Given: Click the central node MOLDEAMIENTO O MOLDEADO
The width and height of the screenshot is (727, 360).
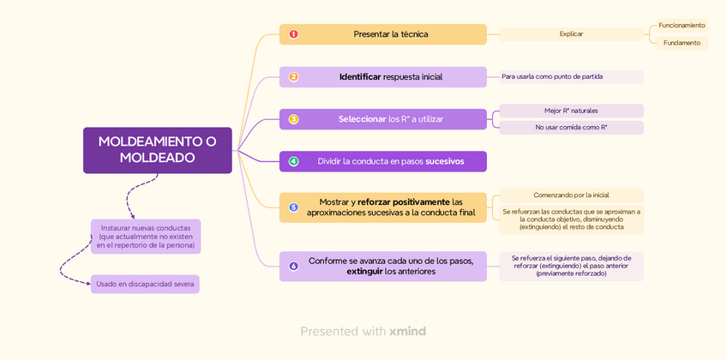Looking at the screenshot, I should click(157, 150).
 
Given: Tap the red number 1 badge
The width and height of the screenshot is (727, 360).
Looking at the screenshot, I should click(293, 34).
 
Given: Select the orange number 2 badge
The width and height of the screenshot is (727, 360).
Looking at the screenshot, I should click(293, 77).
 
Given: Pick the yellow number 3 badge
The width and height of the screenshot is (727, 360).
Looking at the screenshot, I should click(293, 119).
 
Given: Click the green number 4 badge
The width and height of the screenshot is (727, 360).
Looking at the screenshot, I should click(293, 161).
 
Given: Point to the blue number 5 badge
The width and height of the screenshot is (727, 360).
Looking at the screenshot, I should click(293, 207).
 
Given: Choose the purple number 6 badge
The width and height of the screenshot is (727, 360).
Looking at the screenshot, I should click(293, 267).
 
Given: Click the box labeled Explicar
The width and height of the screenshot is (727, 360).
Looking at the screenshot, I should click(571, 34).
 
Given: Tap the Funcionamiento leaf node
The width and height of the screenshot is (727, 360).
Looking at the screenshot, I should click(682, 26).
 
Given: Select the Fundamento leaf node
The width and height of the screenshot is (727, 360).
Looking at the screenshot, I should click(682, 43).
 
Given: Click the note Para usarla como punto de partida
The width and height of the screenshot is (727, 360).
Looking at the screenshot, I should click(571, 77).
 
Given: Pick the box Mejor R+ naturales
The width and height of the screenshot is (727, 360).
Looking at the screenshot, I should click(571, 111).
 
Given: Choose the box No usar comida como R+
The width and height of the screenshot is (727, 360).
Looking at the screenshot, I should click(571, 128).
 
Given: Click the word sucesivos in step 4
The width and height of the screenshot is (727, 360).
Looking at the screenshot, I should click(444, 161).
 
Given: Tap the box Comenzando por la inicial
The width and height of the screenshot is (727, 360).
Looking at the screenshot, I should click(571, 195).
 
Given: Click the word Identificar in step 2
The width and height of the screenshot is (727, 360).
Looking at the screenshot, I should click(360, 77).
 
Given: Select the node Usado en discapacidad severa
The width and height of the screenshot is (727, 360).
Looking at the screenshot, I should click(145, 285).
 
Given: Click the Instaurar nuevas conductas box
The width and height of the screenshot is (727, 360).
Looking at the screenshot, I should click(146, 237).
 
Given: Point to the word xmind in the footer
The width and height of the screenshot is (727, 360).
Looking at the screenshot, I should click(407, 332).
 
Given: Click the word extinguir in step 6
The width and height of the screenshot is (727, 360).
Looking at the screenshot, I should click(364, 272).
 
